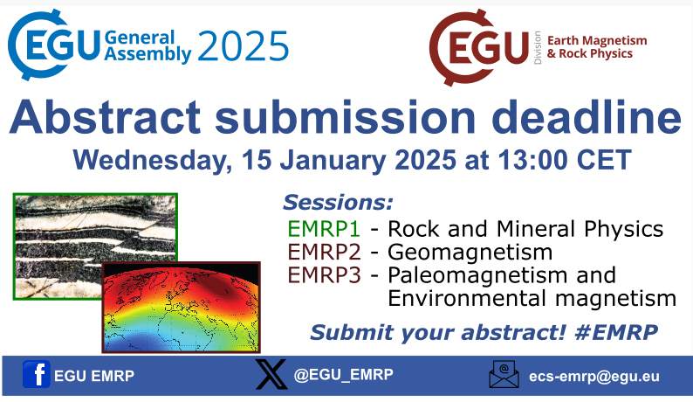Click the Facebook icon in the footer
pos(36,375)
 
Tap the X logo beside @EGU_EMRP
pos(271,374)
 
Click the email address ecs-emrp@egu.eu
pos(594,377)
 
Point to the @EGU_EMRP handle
pos(343,374)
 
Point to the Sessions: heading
pos(338,204)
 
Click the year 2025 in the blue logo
pos(243,45)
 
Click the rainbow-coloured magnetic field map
pos(181,307)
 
